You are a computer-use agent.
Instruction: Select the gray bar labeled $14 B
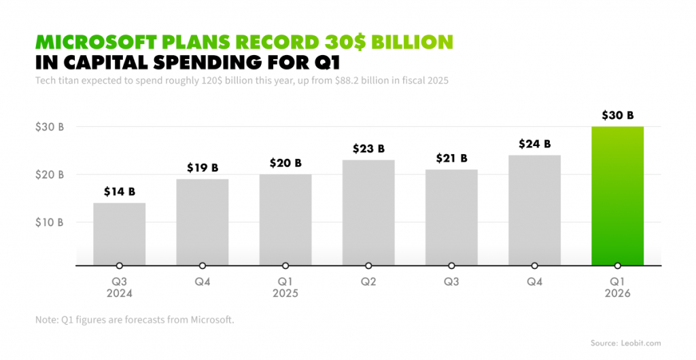pyautogui.click(x=119, y=234)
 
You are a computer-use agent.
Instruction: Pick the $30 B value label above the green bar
pyautogui.click(x=617, y=115)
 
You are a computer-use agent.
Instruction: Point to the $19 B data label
pyautogui.click(x=203, y=168)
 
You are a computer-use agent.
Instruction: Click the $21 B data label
pyautogui.click(x=451, y=158)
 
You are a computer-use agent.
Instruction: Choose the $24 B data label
pyautogui.click(x=534, y=144)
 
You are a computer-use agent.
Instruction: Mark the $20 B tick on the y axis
pyautogui.click(x=50, y=175)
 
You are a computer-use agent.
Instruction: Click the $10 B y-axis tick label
pyautogui.click(x=50, y=222)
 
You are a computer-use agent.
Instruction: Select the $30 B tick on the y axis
pyautogui.click(x=50, y=126)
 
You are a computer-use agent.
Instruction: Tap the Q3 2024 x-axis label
pyautogui.click(x=119, y=287)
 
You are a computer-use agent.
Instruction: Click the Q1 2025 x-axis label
pyautogui.click(x=285, y=287)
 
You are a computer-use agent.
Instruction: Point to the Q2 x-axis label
pyautogui.click(x=368, y=282)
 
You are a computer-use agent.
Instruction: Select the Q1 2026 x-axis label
pyautogui.click(x=617, y=287)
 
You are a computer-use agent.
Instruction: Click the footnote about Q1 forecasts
pyautogui.click(x=135, y=320)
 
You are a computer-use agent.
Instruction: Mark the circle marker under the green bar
pyautogui.click(x=617, y=266)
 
